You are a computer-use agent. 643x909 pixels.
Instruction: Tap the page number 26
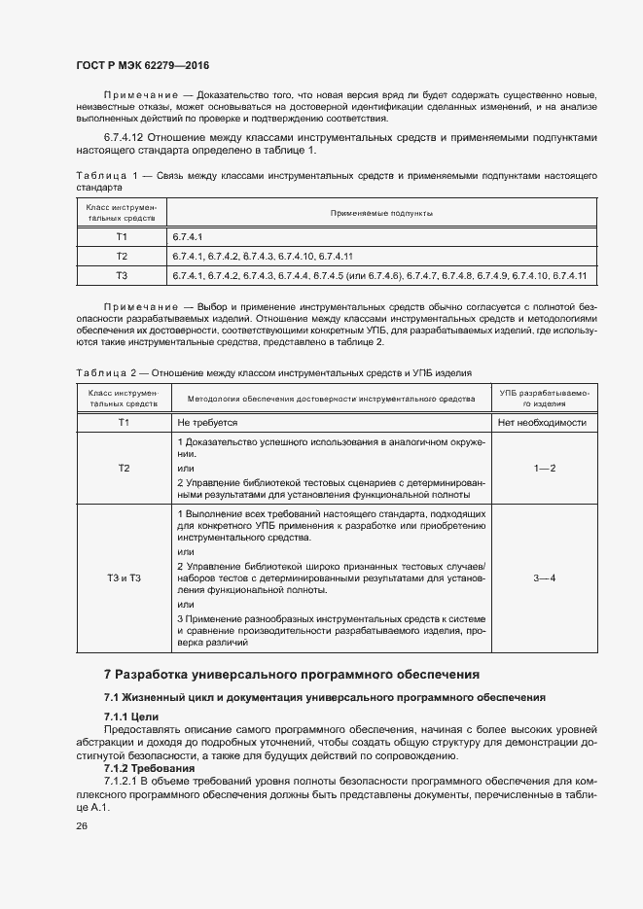click(81, 826)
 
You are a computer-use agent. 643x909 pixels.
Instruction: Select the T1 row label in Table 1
click(122, 236)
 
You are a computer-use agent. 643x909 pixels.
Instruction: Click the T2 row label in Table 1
click(122, 257)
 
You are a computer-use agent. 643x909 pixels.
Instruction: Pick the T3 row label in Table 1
click(122, 277)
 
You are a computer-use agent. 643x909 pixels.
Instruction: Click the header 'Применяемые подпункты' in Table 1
click(381, 212)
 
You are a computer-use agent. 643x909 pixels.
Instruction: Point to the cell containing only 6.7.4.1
click(189, 236)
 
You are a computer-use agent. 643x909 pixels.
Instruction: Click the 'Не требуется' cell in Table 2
click(207, 423)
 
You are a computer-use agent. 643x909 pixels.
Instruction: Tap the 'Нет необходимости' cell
click(542, 423)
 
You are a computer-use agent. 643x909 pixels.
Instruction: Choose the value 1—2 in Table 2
click(543, 469)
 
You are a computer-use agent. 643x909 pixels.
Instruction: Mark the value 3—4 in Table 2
click(543, 579)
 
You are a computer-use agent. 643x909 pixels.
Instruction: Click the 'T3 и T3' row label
click(124, 579)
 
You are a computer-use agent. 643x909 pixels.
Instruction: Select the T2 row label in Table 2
click(124, 469)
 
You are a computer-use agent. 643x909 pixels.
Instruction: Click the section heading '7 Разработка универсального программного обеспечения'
click(291, 675)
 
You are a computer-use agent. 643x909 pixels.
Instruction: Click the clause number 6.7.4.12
click(129, 139)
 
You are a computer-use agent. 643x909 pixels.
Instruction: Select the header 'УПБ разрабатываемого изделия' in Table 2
click(543, 398)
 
